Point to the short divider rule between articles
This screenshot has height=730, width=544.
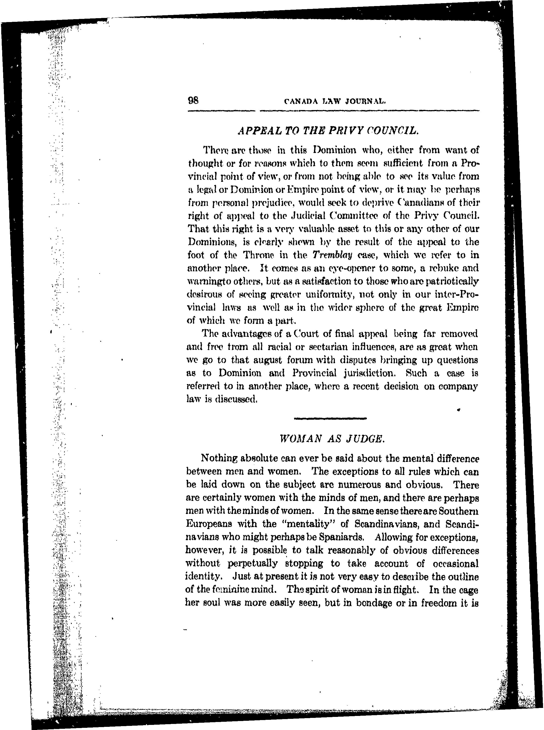(x=330, y=418)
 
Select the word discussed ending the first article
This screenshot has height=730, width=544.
(x=235, y=399)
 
